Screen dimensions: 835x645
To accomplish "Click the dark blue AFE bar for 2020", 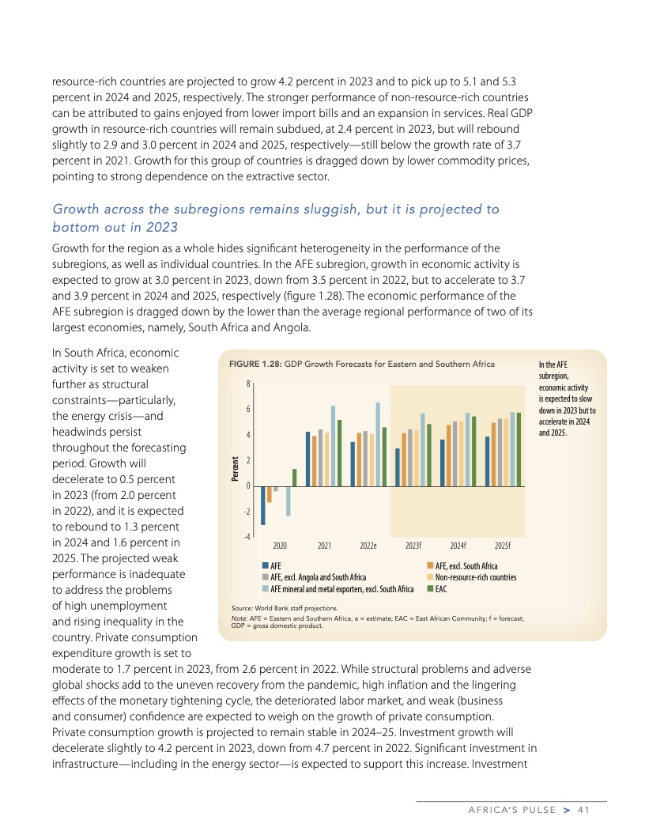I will [x=263, y=505].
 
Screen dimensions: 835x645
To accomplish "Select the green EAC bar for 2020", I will [x=295, y=478].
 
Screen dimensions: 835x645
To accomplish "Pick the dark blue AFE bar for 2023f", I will [x=398, y=467].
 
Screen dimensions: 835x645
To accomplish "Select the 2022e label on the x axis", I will [x=368, y=546].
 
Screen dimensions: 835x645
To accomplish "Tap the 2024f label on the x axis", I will [x=458, y=546].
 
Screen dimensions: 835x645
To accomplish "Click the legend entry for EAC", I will [x=441, y=589].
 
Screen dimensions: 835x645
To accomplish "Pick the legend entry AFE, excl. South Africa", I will [x=466, y=566].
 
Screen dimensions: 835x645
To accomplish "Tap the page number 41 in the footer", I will [x=584, y=809].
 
